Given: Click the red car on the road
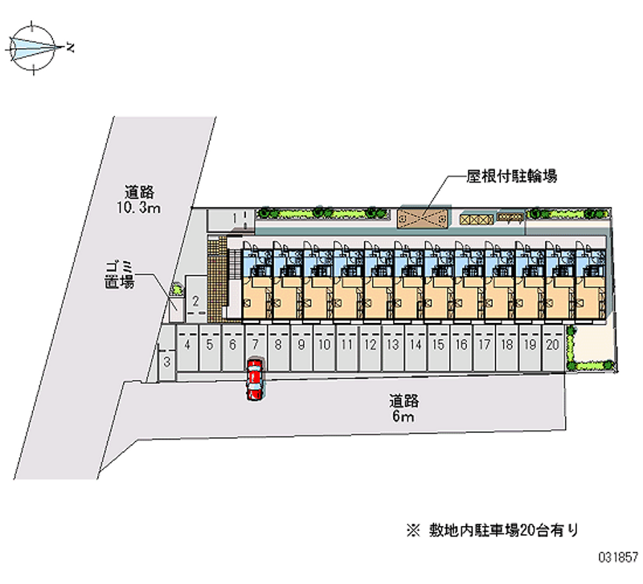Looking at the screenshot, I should [255, 378].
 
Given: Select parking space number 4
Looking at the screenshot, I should [186, 346].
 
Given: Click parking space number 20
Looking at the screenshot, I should [552, 346].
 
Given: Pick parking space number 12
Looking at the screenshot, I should [370, 346].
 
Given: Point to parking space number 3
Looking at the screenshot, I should [166, 361].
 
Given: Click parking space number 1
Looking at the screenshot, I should [235, 217].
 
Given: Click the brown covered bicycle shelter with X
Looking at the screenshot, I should [423, 218].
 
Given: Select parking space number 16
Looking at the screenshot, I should [461, 346].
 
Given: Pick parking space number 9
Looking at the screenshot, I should [301, 346].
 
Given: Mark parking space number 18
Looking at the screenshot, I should [506, 346].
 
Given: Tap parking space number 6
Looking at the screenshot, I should [231, 346].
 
